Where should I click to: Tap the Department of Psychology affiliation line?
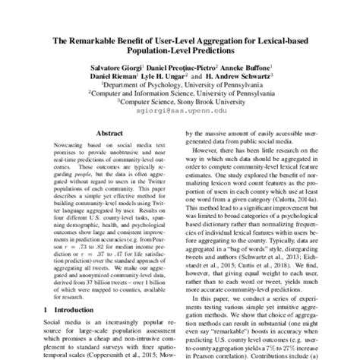[181, 87]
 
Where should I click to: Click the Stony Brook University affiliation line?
[181, 105]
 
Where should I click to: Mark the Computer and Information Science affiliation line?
[181, 96]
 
